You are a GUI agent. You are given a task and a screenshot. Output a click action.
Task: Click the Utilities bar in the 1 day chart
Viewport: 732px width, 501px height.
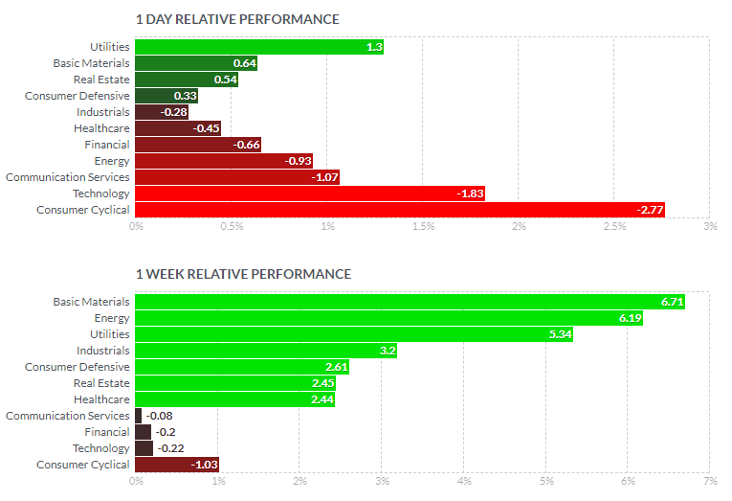[258, 47]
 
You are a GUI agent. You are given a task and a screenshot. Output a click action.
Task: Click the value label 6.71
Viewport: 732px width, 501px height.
[673, 302]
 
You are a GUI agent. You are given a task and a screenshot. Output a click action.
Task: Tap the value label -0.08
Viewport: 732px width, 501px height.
[159, 416]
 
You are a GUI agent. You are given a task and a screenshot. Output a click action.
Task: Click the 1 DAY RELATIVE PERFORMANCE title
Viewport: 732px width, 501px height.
[237, 19]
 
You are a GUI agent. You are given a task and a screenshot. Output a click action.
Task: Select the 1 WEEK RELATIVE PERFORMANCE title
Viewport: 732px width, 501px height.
[243, 274]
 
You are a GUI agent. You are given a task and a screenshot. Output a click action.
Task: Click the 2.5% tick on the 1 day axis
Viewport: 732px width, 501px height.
[614, 227]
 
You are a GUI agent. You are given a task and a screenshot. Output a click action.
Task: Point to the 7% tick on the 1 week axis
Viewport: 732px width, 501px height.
[710, 481]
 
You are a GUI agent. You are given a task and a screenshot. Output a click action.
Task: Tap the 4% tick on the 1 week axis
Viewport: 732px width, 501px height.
[464, 481]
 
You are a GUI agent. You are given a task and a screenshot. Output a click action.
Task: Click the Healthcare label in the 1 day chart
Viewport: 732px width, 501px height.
[101, 128]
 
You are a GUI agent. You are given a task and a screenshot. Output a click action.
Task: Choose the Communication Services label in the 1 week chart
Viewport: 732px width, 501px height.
[67, 416]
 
